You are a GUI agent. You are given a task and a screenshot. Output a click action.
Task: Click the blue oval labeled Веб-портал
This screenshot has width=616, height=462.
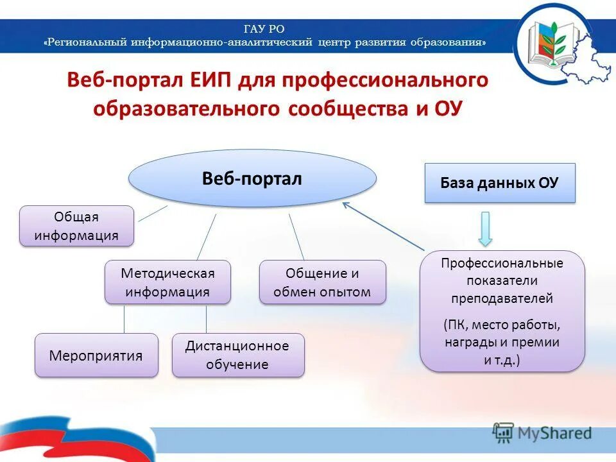point(252,179)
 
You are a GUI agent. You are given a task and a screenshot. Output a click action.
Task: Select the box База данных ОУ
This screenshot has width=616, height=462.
point(500,183)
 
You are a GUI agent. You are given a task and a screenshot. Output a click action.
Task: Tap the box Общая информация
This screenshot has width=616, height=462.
point(77,226)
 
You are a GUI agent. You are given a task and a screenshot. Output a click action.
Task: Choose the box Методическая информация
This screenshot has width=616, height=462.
point(167,282)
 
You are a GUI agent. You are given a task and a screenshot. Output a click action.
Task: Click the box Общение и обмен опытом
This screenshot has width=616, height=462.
point(322,282)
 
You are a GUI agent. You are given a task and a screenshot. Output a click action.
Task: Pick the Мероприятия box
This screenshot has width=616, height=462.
point(96,355)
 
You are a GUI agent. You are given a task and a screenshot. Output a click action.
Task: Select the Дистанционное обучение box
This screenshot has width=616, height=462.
point(238,355)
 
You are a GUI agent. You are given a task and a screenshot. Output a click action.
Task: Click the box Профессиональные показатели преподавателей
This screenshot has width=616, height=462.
point(502,311)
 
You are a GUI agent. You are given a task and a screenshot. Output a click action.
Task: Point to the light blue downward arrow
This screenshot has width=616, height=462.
point(486,228)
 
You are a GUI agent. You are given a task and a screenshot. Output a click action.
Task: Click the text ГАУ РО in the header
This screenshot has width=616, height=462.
point(264,28)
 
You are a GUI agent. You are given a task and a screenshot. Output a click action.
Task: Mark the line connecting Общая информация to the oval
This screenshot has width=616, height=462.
point(153,214)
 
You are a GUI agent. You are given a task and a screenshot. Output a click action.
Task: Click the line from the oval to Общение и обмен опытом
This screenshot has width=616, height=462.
point(296,237)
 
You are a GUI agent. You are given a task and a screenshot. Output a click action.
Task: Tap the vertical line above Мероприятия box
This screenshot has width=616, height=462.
point(124,319)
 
